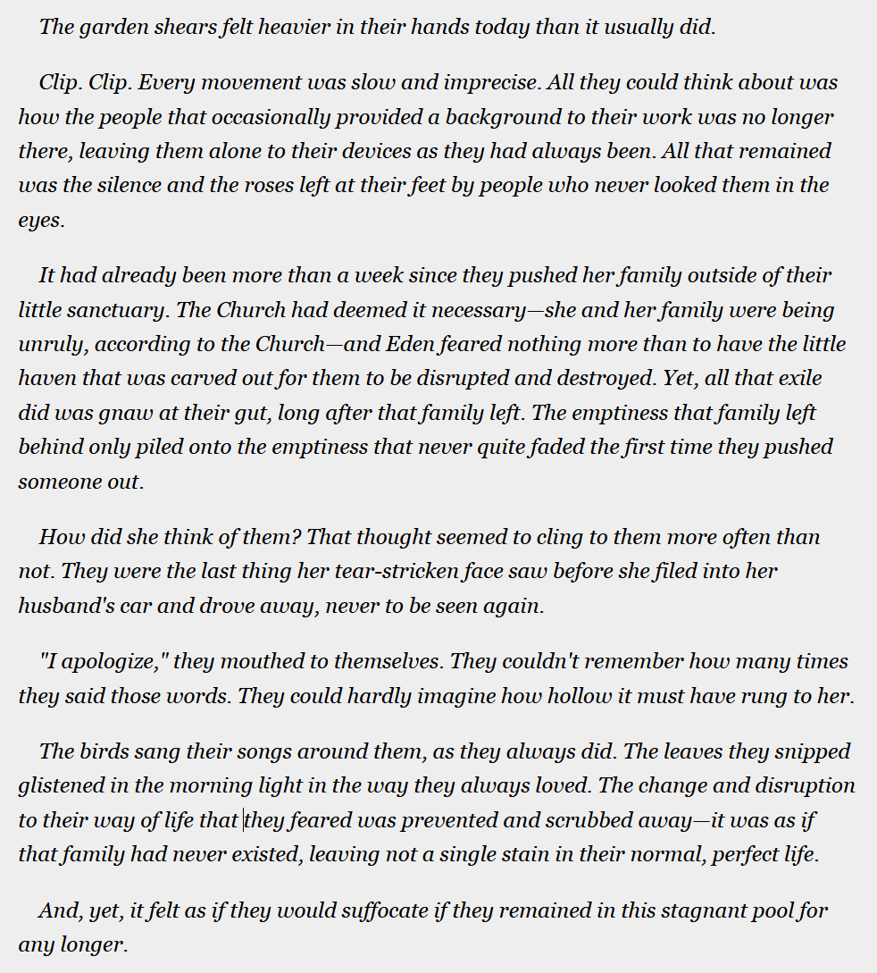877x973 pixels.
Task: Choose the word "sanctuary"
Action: click(120, 310)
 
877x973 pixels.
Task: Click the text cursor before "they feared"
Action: click(244, 820)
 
